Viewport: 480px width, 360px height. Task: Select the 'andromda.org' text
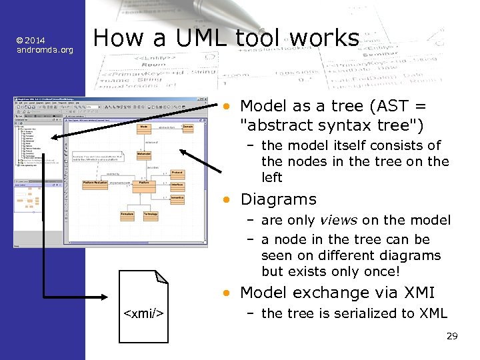(x=45, y=50)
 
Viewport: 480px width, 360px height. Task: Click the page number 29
(x=451, y=336)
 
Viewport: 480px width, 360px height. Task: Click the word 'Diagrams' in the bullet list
(x=278, y=199)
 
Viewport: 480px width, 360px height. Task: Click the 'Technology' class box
(x=150, y=214)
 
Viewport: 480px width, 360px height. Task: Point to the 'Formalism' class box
(x=127, y=214)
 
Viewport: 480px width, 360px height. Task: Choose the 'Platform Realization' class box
(x=95, y=182)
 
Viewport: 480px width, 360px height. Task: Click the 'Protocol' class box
(x=177, y=173)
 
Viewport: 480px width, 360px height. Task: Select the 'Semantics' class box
(x=177, y=197)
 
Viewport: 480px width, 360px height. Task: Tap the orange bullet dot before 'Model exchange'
(x=227, y=293)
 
